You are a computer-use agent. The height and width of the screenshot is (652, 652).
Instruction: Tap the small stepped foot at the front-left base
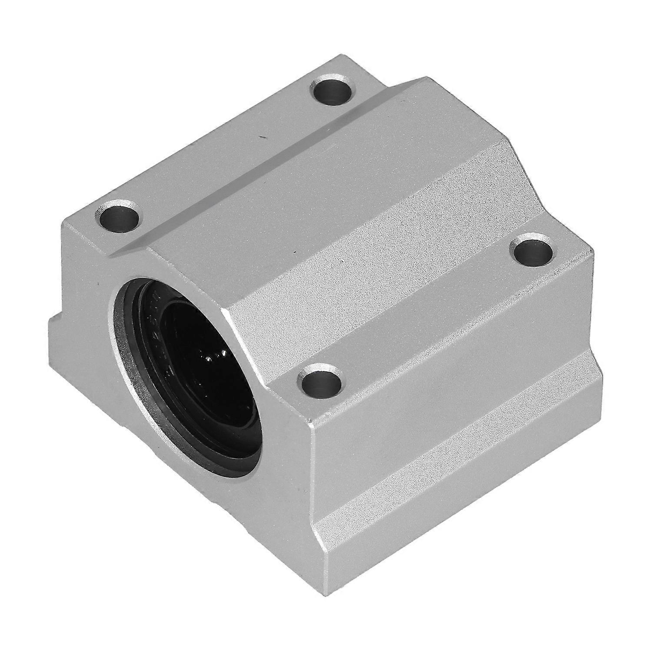(59, 330)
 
